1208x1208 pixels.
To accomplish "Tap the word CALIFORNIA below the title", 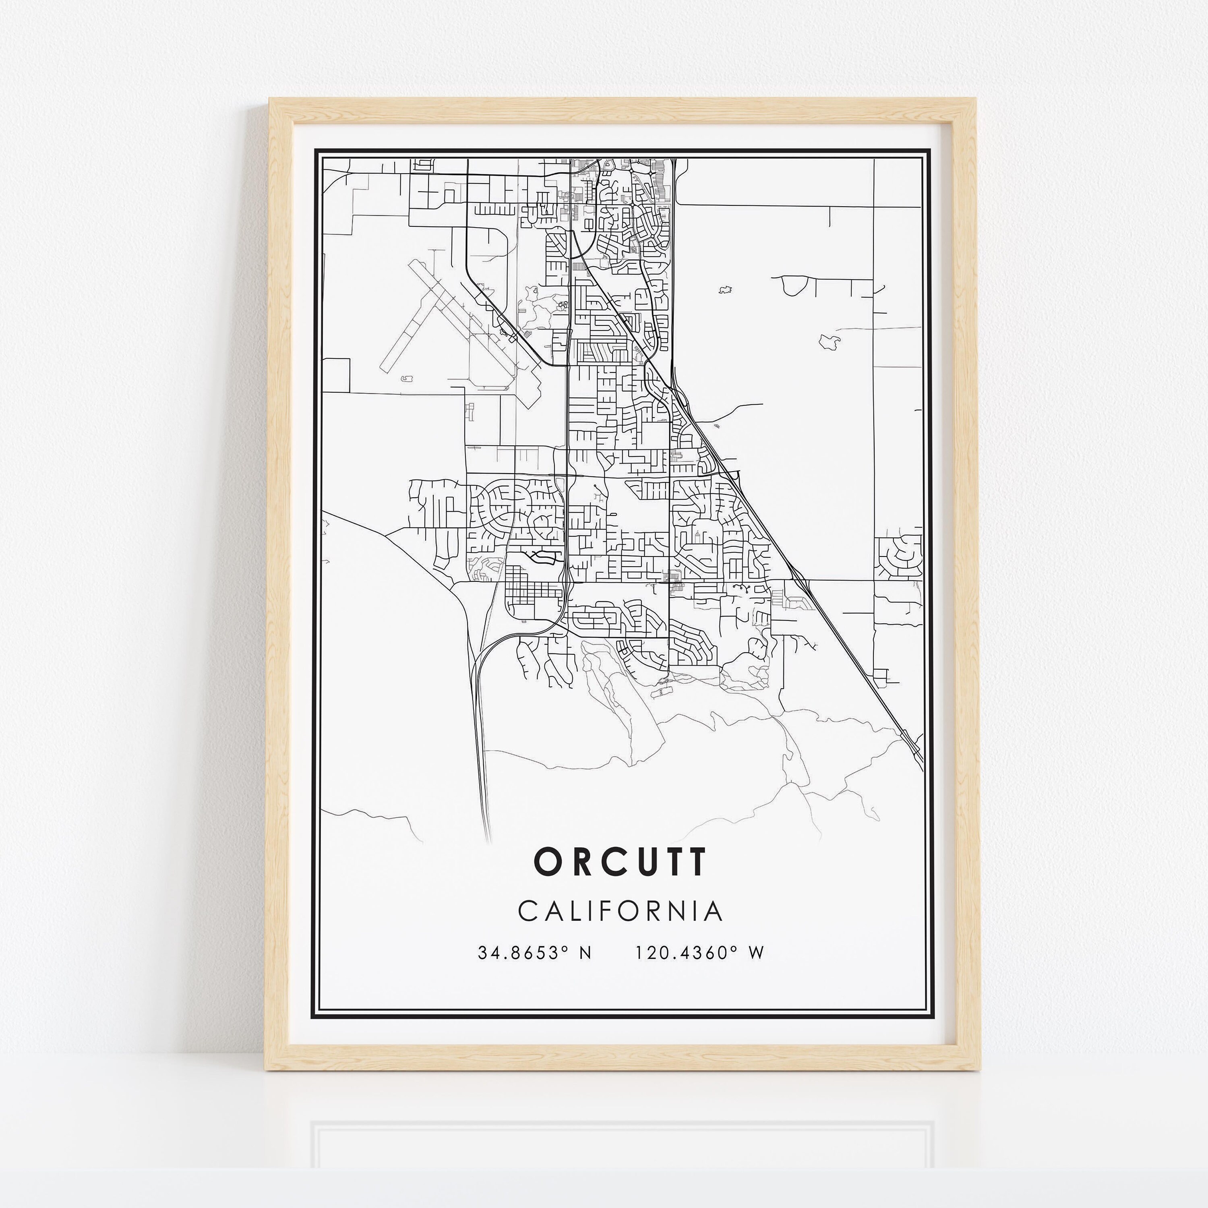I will (620, 911).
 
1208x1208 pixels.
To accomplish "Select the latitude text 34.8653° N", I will (534, 953).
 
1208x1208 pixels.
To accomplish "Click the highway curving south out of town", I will (480, 738).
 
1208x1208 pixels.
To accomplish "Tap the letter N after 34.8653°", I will (585, 953).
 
